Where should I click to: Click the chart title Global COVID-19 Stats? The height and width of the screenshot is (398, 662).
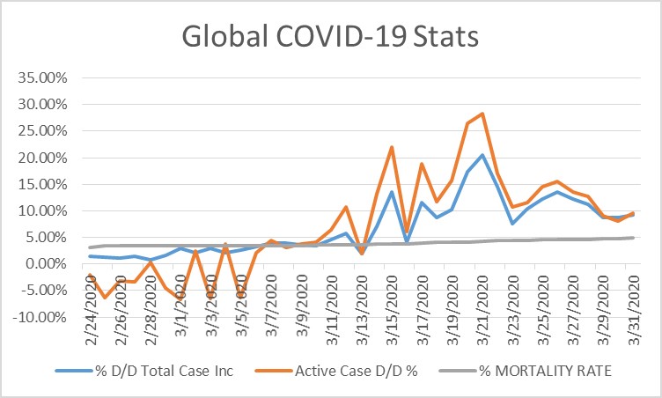[x=331, y=38]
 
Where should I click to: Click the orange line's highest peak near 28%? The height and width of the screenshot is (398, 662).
[x=482, y=114]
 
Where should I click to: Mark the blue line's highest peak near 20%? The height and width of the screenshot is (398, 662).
[x=482, y=155]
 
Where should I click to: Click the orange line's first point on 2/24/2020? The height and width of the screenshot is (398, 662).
[x=90, y=275]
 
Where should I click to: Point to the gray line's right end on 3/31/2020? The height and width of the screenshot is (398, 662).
[x=632, y=238]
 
